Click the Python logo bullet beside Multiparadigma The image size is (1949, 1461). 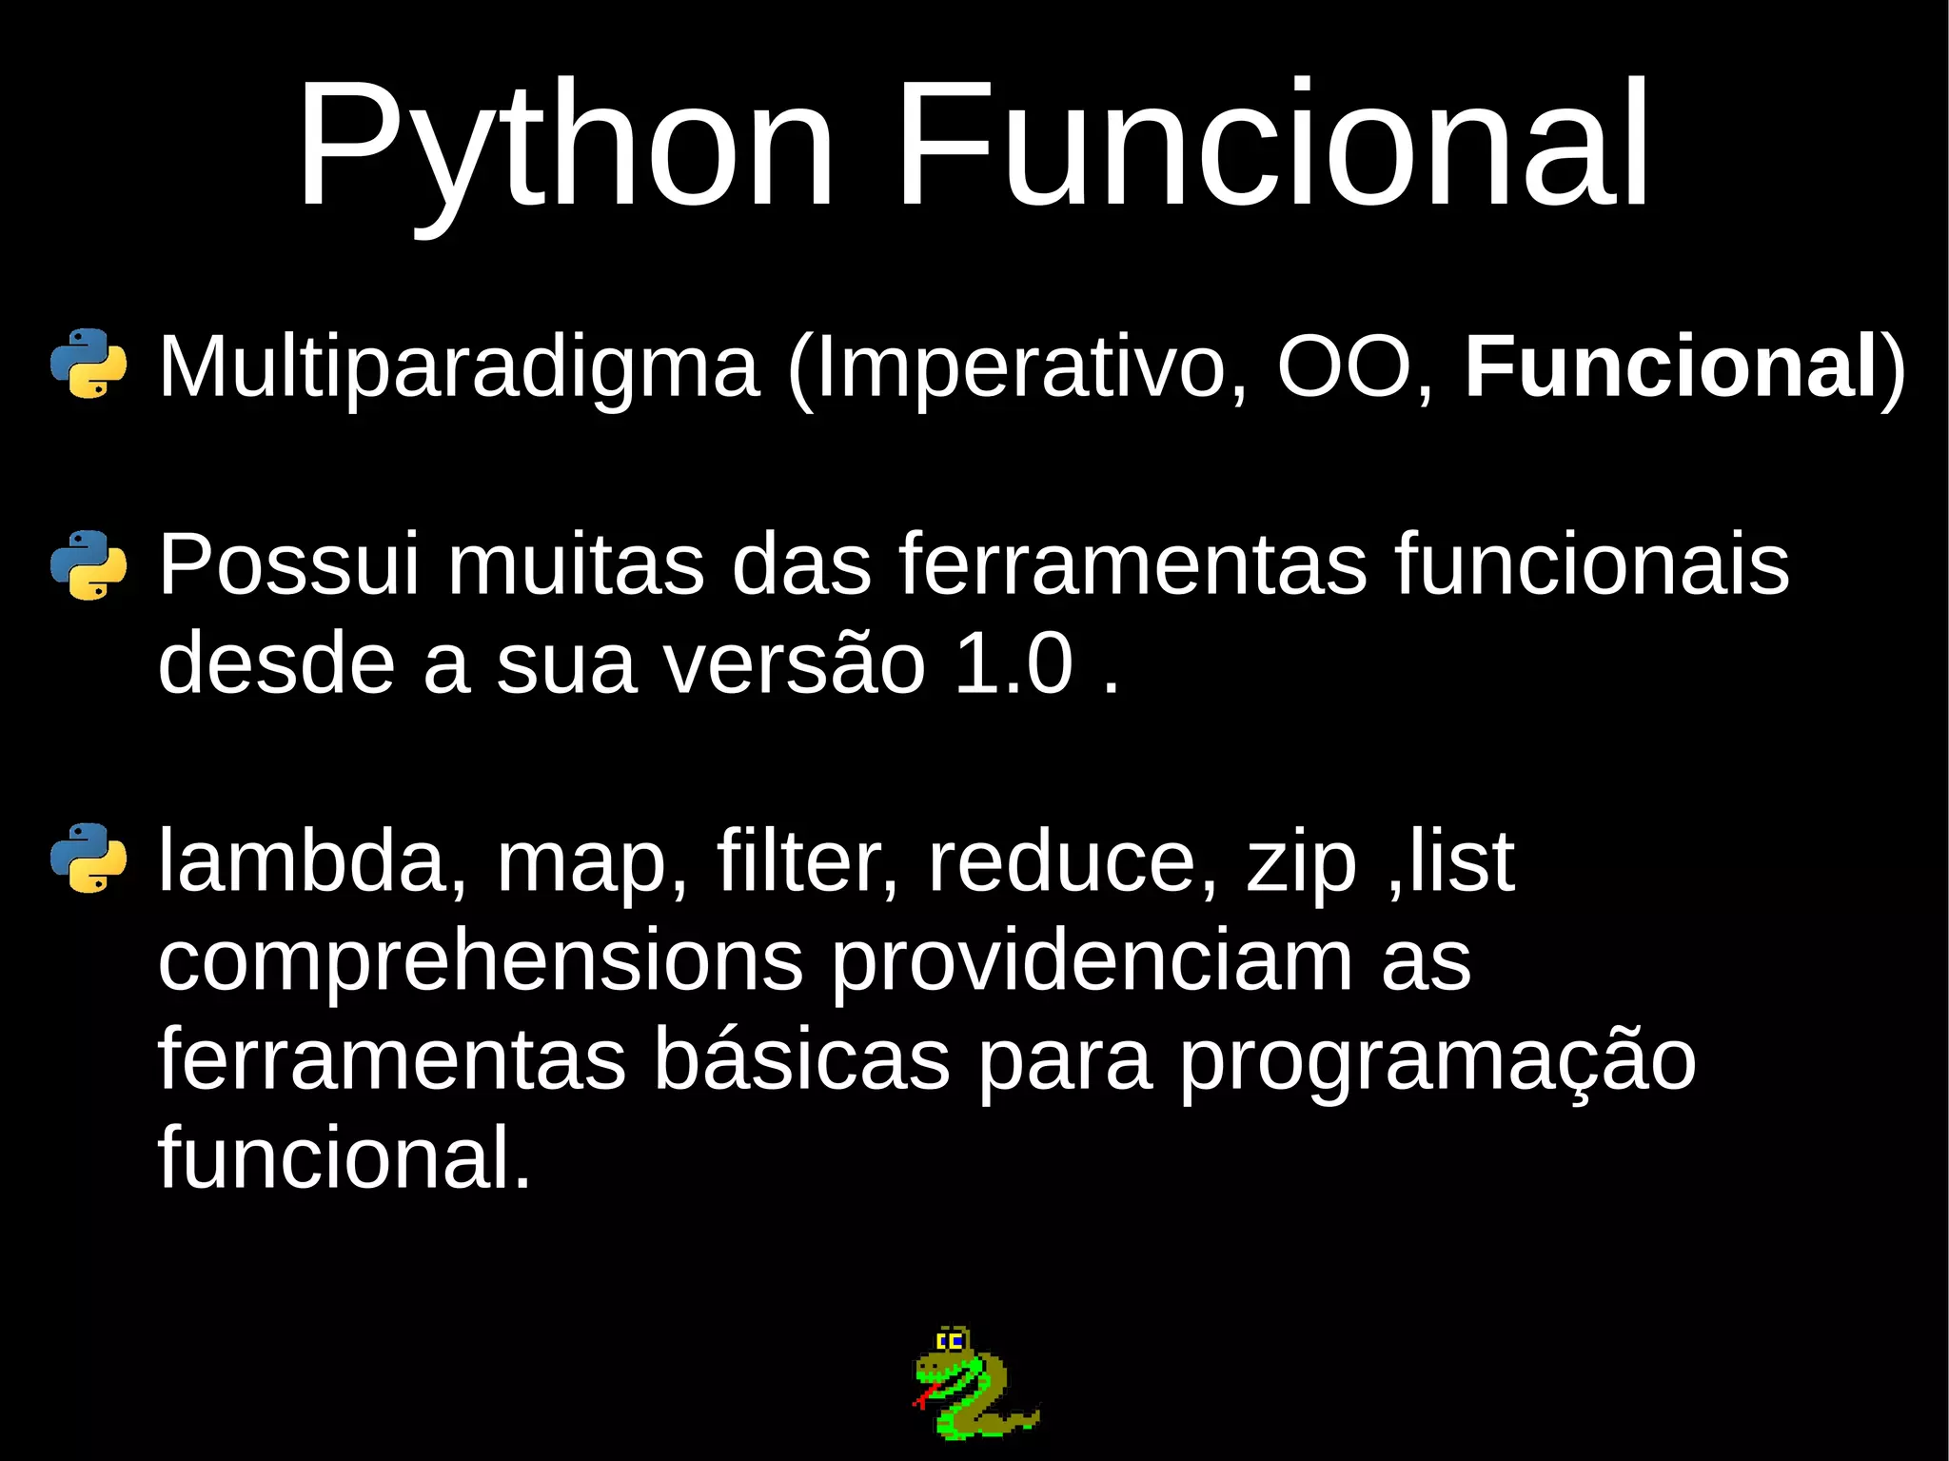[89, 363]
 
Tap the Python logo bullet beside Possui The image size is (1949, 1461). [89, 564]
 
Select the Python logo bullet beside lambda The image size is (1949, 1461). [89, 858]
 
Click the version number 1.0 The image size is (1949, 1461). [1014, 663]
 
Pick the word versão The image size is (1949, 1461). [794, 663]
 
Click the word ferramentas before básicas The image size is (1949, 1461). [391, 1059]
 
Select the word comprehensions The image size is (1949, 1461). [481, 961]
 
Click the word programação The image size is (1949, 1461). [1437, 1059]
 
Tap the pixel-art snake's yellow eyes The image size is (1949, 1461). [951, 1342]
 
